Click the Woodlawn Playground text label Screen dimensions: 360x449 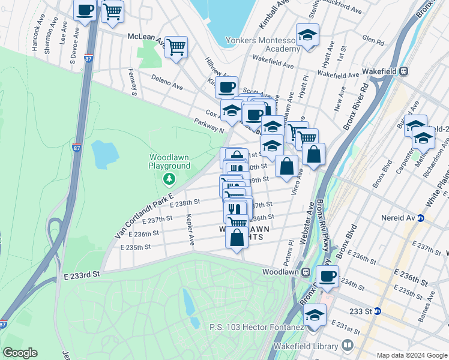pos(170,162)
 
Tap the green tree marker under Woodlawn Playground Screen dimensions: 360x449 pos(170,178)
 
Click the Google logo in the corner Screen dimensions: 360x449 pos(20,353)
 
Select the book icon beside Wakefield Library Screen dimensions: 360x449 pos(347,345)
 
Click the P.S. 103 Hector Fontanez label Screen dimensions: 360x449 pos(253,328)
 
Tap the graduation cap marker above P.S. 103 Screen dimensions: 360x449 pos(315,315)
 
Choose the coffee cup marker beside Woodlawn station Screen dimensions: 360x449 pos(327,276)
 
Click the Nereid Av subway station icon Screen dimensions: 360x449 pos(421,218)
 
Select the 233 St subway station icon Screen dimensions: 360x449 pos(378,311)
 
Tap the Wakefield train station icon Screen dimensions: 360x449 pos(404,71)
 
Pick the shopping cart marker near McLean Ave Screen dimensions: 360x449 pos(176,47)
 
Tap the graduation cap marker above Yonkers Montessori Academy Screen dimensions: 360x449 pos(307,35)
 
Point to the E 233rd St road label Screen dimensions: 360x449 pos(80,274)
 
